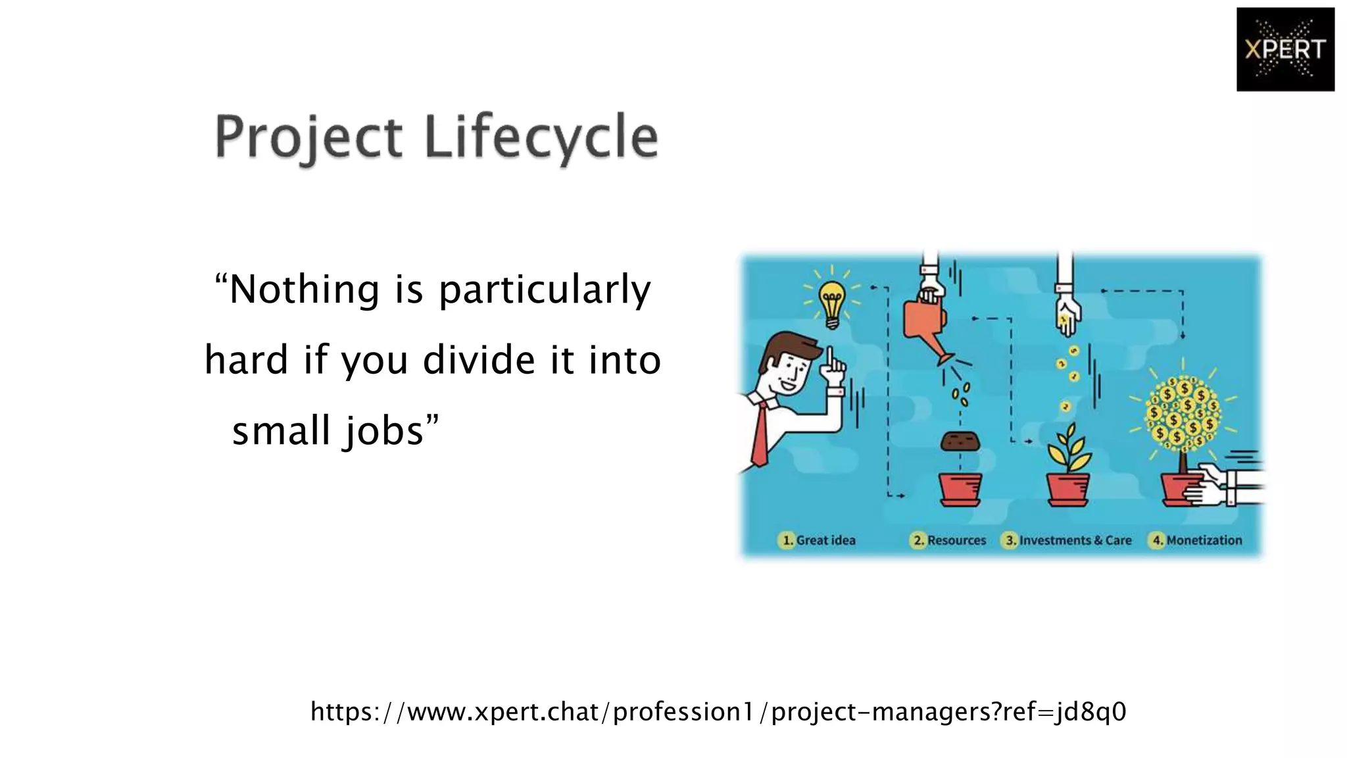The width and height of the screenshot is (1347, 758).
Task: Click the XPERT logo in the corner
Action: click(x=1285, y=49)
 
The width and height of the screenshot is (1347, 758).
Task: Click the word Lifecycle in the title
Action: click(x=541, y=138)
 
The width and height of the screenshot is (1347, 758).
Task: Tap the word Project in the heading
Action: click(x=308, y=138)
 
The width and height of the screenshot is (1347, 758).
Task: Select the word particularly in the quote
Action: click(x=545, y=290)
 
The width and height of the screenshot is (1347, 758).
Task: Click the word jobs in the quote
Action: click(x=384, y=432)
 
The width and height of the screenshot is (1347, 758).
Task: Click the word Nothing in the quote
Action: click(x=305, y=290)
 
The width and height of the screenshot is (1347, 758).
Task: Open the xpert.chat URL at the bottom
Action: click(x=718, y=711)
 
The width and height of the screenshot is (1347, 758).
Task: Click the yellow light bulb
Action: click(x=832, y=303)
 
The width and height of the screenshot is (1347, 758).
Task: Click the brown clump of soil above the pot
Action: click(x=960, y=441)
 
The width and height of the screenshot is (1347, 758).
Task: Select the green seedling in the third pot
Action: click(x=1068, y=450)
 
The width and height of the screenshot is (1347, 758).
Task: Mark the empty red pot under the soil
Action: click(x=960, y=490)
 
